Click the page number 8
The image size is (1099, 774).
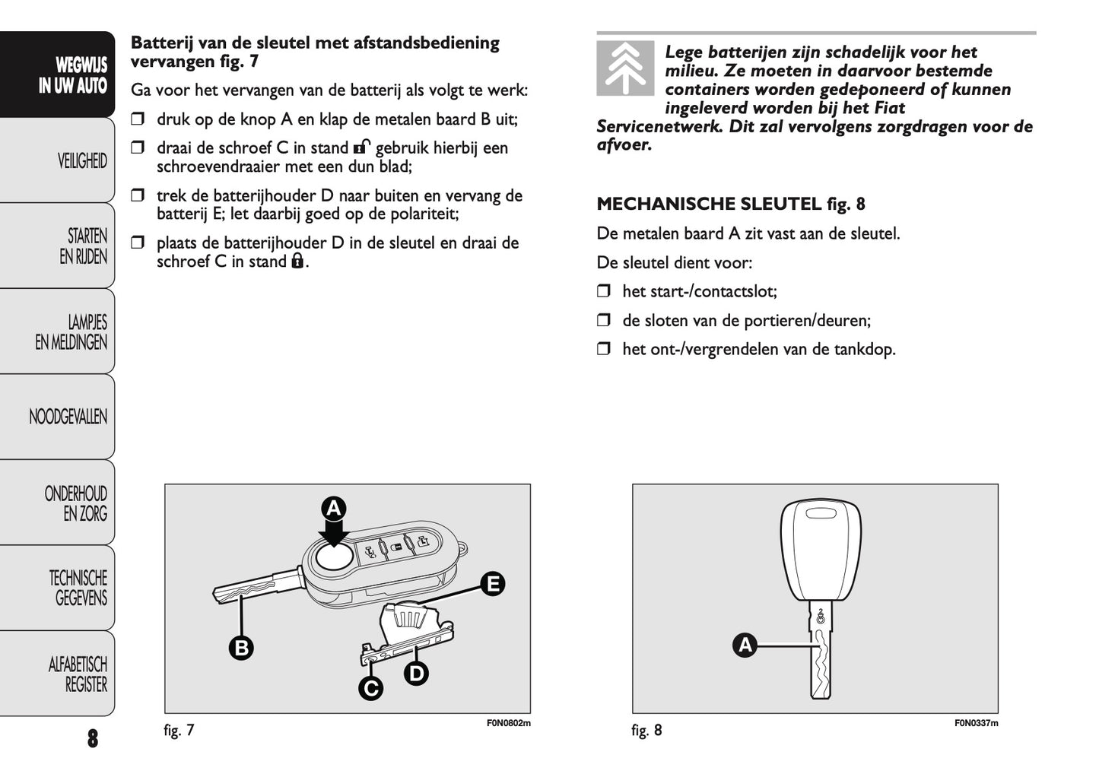tap(92, 738)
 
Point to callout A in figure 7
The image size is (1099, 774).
tap(333, 508)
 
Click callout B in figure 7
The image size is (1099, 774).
tap(241, 648)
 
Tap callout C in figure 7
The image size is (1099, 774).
tap(370, 688)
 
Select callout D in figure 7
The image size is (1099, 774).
tap(416, 673)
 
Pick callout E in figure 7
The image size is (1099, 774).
tap(493, 584)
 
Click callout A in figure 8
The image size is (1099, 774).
tap(745, 646)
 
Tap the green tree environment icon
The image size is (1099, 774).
tap(624, 68)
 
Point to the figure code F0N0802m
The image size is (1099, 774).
tap(508, 723)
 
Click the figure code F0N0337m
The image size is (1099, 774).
tap(976, 723)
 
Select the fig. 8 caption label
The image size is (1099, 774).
tap(646, 731)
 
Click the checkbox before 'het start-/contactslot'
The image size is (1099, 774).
tap(604, 291)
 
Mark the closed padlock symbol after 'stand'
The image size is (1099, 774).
tap(297, 262)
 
